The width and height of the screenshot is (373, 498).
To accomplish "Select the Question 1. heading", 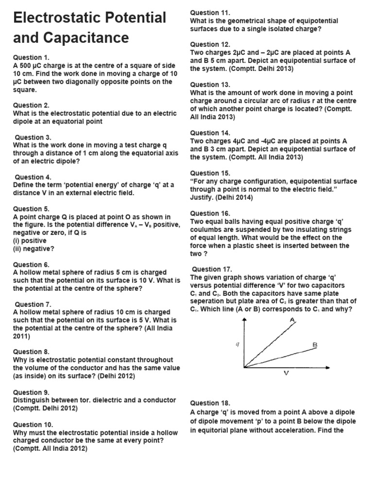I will [x=31, y=57].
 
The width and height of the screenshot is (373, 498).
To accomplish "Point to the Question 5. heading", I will [x=31, y=209].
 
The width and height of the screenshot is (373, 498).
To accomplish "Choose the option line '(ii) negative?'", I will [x=34, y=249].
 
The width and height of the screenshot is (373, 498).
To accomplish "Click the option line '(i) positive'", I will [x=30, y=241].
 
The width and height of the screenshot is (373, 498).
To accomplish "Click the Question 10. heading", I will [x=33, y=424].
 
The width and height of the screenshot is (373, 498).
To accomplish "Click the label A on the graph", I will [x=292, y=320].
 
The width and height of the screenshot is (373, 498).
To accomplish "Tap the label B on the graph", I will [x=315, y=345].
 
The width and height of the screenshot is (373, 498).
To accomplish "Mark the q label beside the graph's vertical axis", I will [x=237, y=344].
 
